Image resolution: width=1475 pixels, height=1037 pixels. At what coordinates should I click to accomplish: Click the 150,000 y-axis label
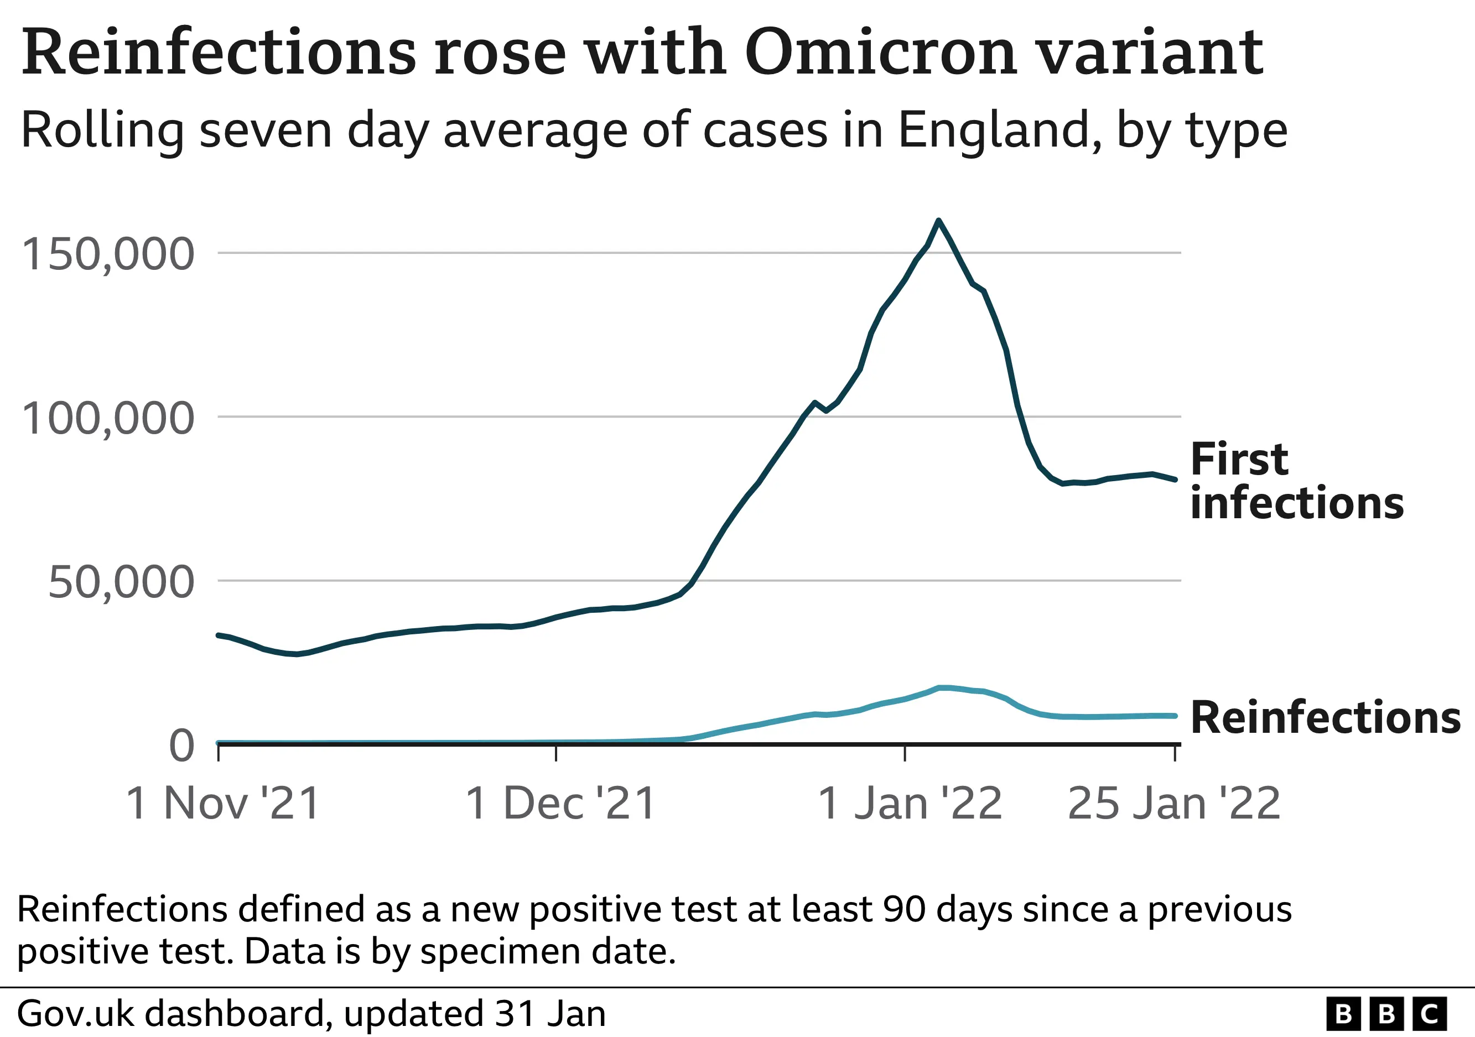pos(108,254)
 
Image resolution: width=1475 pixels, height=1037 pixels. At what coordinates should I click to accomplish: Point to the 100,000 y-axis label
pos(108,419)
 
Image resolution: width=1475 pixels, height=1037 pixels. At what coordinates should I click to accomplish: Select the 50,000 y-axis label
pos(121,583)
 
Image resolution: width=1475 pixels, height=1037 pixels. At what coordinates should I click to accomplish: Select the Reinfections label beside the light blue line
pos(1325,717)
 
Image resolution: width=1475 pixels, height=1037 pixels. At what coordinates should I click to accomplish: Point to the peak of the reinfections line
pos(943,687)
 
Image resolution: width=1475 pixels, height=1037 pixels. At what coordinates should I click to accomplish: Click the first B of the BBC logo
pos(1343,1014)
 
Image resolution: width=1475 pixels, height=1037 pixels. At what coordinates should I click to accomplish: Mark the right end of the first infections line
pos(1175,479)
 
